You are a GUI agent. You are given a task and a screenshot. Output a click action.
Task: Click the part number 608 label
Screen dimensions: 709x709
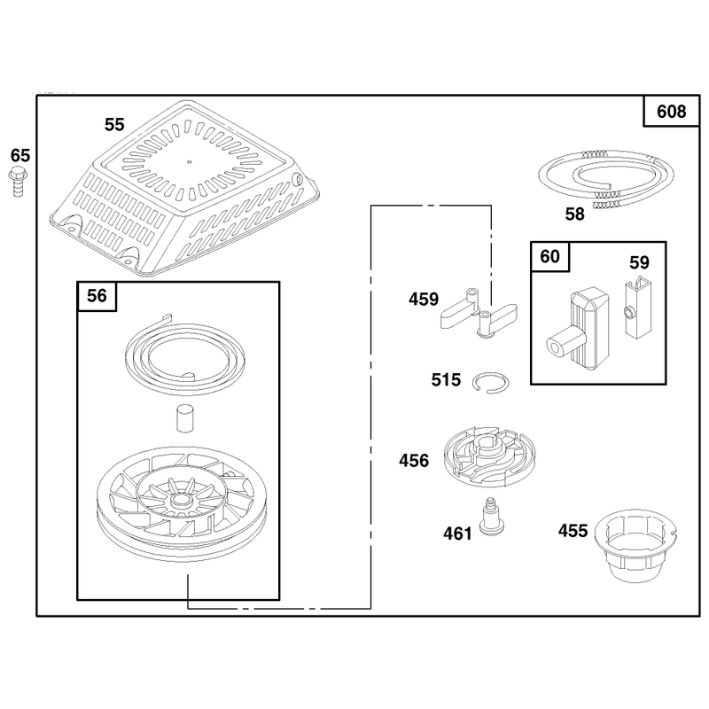point(671,112)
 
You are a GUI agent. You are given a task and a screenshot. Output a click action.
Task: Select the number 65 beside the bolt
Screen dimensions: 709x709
point(20,156)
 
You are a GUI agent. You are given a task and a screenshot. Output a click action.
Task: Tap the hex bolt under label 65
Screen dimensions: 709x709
point(18,182)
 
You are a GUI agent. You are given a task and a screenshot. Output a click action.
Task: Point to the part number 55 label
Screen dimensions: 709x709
point(114,124)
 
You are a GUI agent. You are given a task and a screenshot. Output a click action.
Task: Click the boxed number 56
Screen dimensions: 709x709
point(97,296)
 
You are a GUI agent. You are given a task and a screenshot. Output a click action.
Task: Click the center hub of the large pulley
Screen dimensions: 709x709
point(180,500)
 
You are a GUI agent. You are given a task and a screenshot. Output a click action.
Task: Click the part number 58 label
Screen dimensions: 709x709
point(574,214)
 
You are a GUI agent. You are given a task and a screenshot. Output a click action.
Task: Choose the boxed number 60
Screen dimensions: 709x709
point(549,256)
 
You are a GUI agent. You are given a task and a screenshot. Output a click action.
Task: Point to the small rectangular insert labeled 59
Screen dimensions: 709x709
point(638,308)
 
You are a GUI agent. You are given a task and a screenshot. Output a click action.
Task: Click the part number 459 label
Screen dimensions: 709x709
point(424,300)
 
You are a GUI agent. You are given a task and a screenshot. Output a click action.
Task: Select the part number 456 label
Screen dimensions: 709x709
point(413,461)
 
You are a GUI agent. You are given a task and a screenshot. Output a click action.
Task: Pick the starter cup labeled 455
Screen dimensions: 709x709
point(635,545)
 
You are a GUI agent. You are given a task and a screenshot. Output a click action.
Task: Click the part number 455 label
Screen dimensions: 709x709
point(573,531)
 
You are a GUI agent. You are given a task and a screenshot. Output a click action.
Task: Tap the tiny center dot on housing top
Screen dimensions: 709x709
point(189,160)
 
